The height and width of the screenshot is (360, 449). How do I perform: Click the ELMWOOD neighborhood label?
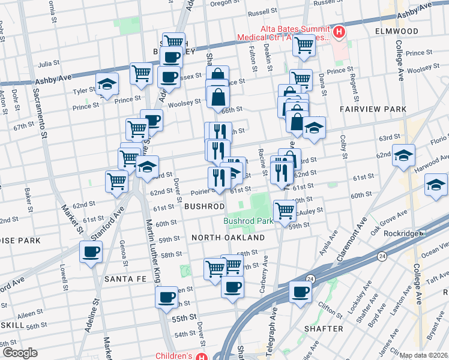click(397, 31)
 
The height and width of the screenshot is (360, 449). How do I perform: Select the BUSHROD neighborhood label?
click(204, 206)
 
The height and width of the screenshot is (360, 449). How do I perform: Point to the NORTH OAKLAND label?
click(228, 238)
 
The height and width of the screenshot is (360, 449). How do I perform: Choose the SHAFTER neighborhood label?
click(324, 329)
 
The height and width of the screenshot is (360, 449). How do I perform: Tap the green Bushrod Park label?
click(248, 221)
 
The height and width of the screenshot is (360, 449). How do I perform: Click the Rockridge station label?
click(400, 233)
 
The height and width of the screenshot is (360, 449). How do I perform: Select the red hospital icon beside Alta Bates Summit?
click(339, 32)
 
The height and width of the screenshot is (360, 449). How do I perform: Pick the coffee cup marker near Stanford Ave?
click(91, 252)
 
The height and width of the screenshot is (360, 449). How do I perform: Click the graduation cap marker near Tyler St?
click(106, 85)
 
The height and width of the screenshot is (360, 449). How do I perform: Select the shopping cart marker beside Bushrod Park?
click(284, 210)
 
